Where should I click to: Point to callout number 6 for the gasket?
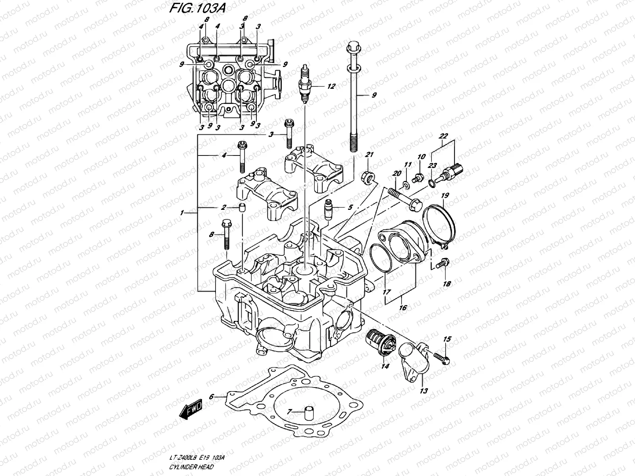coord(212,396)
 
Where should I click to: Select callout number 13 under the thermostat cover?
coord(424,391)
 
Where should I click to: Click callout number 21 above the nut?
coord(369,154)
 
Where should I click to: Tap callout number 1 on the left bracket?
coord(182,213)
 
